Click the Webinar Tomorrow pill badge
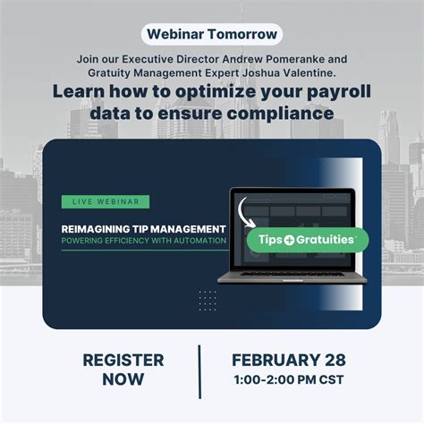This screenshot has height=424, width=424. point(211,35)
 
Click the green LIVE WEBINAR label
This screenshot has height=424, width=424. point(106,202)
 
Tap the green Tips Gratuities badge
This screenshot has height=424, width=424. point(307,239)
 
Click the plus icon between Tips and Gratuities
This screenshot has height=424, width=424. point(292,239)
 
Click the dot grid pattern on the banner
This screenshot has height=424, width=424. point(208,298)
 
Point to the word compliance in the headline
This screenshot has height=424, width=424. point(286,114)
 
